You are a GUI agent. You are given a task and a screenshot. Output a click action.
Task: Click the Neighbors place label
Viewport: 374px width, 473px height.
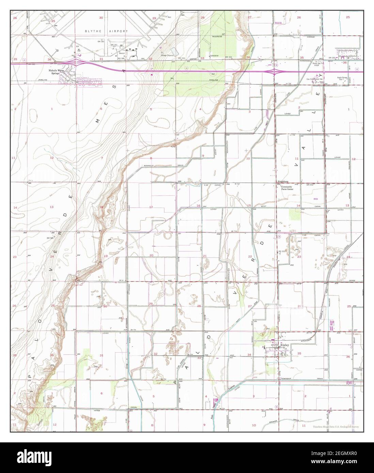tap(283, 182)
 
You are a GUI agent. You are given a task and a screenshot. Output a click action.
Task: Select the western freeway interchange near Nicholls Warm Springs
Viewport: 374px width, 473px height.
tap(79, 62)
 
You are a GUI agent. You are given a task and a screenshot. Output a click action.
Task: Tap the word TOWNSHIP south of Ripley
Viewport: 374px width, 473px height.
tap(287, 378)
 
